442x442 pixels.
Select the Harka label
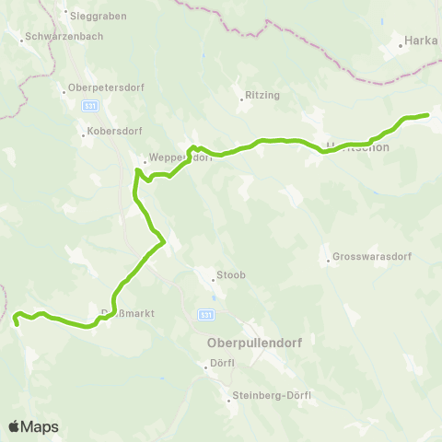[421, 41]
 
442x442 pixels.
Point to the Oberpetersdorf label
[95, 89]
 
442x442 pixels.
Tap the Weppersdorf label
[180, 157]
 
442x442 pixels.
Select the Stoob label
[229, 275]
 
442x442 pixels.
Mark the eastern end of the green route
[428, 115]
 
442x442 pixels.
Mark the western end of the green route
[17, 323]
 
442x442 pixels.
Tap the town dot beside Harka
[401, 42]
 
